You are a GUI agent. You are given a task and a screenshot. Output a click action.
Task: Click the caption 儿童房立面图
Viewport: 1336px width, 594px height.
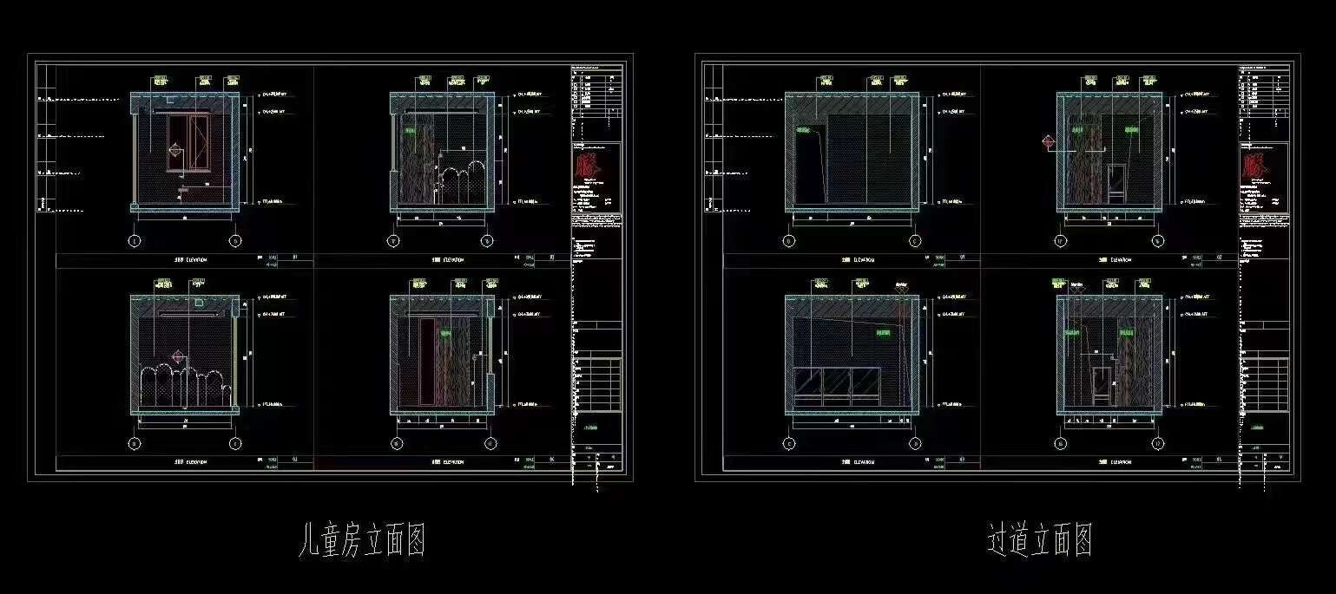pyautogui.click(x=361, y=539)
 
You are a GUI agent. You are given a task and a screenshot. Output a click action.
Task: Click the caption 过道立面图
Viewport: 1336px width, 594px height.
pyautogui.click(x=1038, y=539)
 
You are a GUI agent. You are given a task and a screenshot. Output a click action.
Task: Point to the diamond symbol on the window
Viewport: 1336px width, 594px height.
pyautogui.click(x=174, y=150)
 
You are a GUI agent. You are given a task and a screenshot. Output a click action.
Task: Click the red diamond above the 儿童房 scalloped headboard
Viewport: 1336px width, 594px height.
pyautogui.click(x=178, y=356)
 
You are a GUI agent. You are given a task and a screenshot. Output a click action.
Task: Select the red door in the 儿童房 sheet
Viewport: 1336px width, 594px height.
pyautogui.click(x=426, y=360)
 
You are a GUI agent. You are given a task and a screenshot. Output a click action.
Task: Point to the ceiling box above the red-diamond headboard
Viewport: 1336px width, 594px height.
pyautogui.click(x=200, y=304)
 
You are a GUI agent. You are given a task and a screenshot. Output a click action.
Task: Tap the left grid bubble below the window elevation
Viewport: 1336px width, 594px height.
pyautogui.click(x=135, y=241)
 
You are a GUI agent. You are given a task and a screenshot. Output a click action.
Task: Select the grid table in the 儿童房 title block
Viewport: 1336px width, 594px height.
pyautogui.click(x=597, y=377)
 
